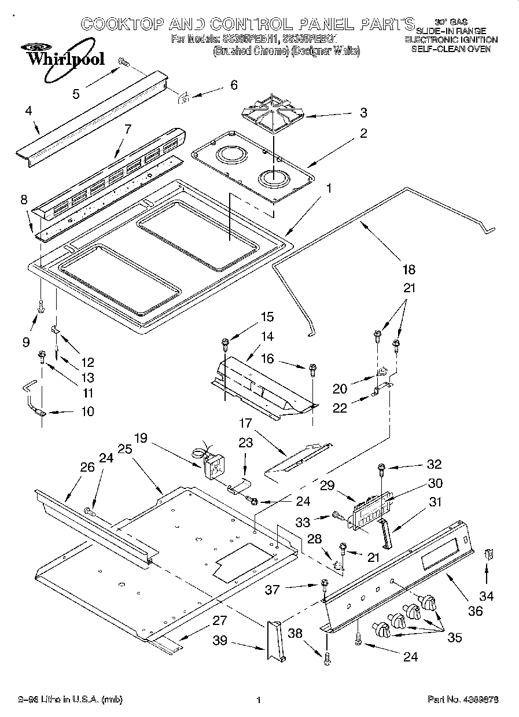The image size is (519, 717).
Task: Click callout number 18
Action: point(408,269)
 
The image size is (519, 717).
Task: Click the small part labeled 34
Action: point(488,554)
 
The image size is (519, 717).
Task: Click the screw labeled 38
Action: point(328,657)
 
